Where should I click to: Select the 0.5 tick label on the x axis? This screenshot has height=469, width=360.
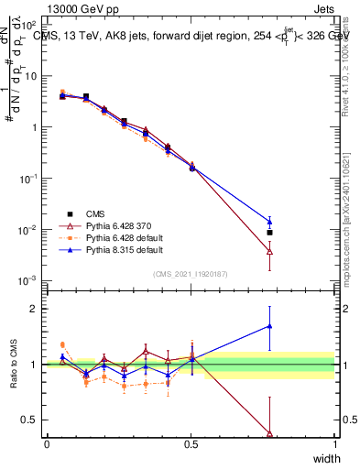click(x=191, y=444)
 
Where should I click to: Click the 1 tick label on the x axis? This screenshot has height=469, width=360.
click(x=334, y=444)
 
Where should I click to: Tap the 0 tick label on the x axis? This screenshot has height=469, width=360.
click(x=47, y=444)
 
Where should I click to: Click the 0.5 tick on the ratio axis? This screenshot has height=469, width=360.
click(x=32, y=420)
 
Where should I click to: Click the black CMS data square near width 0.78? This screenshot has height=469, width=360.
click(x=269, y=233)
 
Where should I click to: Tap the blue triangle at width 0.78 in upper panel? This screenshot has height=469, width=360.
click(x=269, y=221)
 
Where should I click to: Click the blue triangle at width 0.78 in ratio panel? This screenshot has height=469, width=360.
click(x=269, y=325)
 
